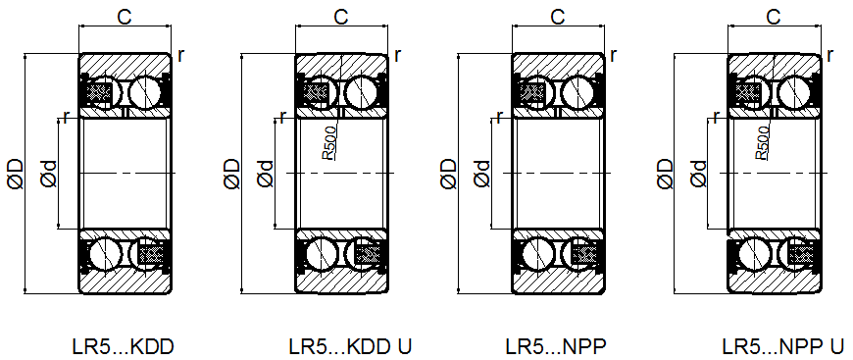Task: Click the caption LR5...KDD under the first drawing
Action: coord(123,346)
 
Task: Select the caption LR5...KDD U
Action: coord(350,346)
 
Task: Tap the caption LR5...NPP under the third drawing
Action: coord(555,346)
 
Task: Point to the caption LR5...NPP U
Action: coord(783,346)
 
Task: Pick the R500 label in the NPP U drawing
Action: coord(762,142)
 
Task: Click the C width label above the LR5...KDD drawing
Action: coord(125,18)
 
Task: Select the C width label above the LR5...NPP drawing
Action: coord(558,18)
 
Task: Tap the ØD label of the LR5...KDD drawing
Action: coord(16,174)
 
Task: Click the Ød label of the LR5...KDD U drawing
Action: coord(265,174)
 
